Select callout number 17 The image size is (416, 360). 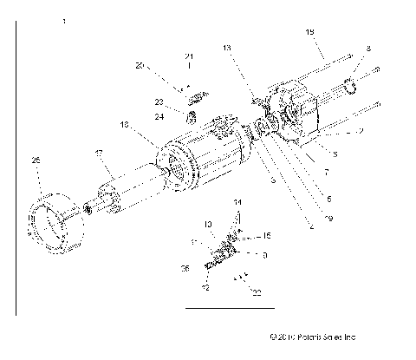tap(99, 154)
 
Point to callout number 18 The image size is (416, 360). tap(125, 125)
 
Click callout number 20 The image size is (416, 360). tap(140, 66)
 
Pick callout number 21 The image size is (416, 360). tap(190, 56)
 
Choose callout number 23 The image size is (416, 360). tap(159, 101)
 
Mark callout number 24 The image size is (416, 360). tap(159, 115)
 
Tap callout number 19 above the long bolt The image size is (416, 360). tap(309, 33)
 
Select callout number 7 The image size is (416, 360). tap(327, 173)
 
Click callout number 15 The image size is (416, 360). tap(267, 235)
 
